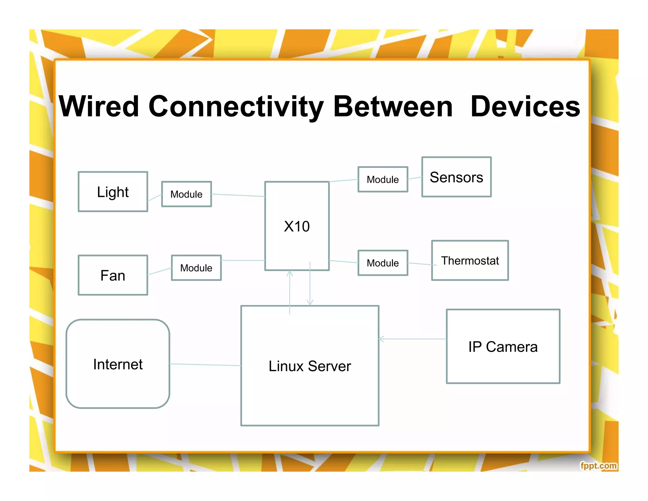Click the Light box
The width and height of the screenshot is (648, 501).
[113, 192]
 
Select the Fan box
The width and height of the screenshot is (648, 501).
[113, 275]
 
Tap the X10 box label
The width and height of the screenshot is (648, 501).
[296, 226]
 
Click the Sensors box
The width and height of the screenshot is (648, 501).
[456, 177]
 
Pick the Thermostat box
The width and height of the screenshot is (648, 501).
[470, 260]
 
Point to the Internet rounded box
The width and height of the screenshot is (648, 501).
[118, 364]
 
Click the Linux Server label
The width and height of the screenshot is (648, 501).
[309, 366]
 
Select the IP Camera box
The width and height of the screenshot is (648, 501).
[503, 346]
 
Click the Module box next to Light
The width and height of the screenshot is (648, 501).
[186, 194]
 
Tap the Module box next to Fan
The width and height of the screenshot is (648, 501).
[196, 268]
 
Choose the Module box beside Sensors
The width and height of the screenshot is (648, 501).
[383, 180]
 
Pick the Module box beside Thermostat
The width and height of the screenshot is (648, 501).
[383, 263]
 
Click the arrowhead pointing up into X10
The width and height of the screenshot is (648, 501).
[290, 273]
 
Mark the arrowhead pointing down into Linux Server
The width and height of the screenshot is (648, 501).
[310, 303]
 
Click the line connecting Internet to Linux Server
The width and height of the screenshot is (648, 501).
[205, 365]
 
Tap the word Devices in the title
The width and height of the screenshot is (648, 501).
[525, 106]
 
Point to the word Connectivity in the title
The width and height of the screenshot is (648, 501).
[236, 106]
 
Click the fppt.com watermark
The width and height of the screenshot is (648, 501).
[598, 466]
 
